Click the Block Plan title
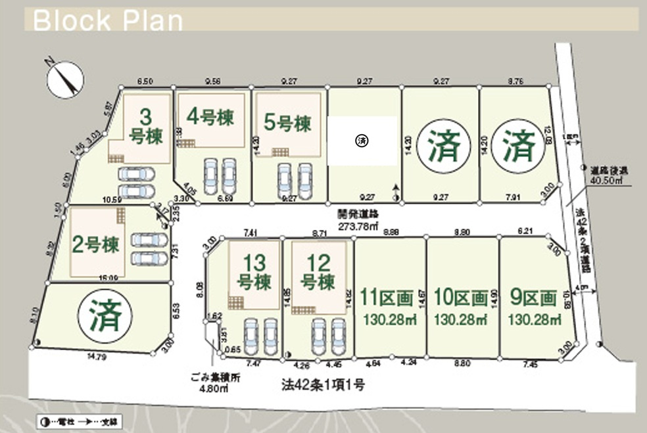107,20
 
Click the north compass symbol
64,79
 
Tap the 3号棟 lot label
145,125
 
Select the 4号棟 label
210,117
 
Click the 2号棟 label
96,244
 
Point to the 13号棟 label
254,272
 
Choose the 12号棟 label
318,272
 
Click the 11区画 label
387,298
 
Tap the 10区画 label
461,298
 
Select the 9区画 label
533,298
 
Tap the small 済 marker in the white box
360,140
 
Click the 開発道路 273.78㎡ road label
358,219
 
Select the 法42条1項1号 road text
320,384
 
